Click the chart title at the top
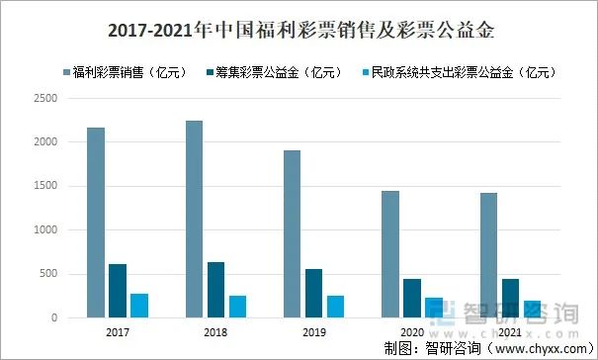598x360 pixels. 299,31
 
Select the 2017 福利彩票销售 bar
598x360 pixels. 96,223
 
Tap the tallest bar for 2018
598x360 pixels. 193,219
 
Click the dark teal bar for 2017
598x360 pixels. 118,291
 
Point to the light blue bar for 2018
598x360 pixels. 237,307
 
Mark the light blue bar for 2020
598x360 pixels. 434,308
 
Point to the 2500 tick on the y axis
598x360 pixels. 45,98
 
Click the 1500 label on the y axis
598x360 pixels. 45,186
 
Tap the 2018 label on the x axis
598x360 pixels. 215,332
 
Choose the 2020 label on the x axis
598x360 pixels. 411,332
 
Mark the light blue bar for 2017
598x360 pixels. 139,306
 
